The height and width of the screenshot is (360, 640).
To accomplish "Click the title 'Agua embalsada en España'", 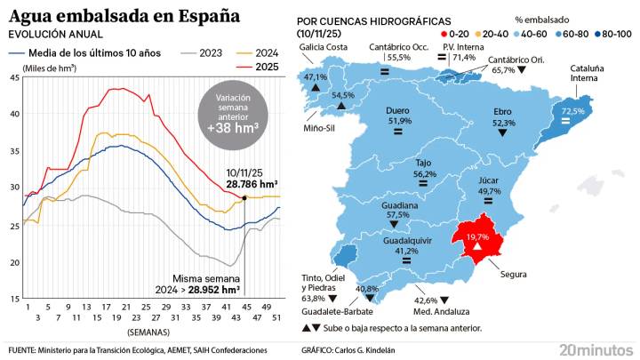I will pos(124,16).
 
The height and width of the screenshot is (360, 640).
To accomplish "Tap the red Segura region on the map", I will pos(479,237).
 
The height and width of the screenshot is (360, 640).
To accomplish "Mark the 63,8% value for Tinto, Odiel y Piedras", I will pos(314,299).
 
